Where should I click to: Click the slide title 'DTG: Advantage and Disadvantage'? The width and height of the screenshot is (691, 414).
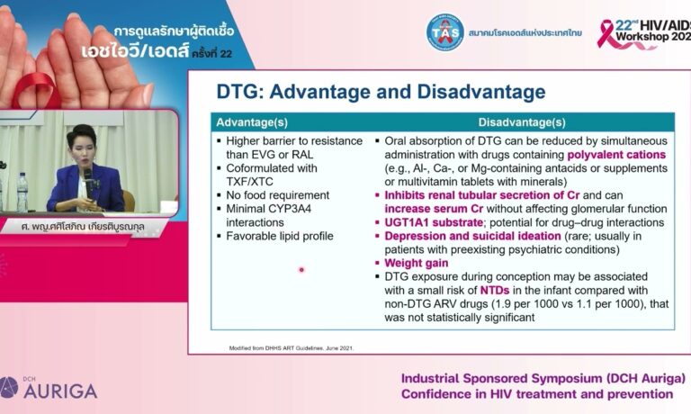point(381,92)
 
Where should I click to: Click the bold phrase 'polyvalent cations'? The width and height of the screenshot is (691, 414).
point(616,155)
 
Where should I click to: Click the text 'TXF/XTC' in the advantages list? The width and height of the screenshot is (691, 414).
point(251,180)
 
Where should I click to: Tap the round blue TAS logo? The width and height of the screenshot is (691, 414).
point(444,31)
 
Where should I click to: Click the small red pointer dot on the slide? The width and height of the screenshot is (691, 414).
point(301,269)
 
